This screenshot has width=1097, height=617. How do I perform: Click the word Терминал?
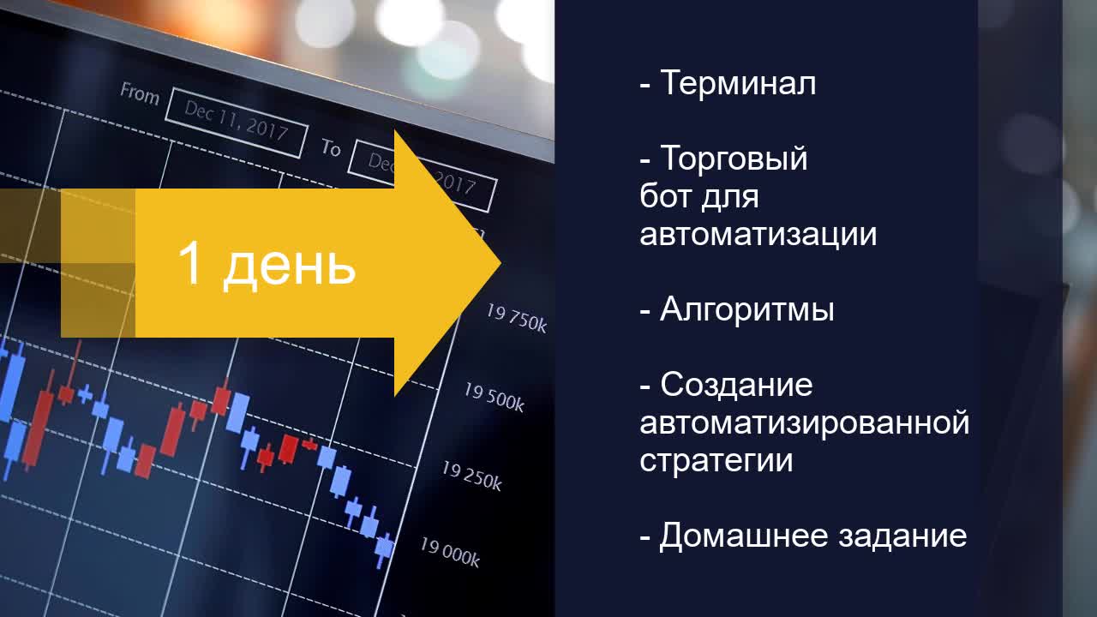click(738, 82)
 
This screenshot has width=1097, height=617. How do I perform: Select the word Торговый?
click(734, 159)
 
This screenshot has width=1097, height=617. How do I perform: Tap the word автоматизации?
click(758, 234)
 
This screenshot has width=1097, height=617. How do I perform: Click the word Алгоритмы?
click(746, 309)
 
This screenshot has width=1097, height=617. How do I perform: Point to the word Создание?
click(736, 385)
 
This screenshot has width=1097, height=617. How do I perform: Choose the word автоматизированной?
click(804, 423)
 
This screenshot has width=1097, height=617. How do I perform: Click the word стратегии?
click(716, 461)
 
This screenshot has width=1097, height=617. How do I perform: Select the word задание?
click(902, 536)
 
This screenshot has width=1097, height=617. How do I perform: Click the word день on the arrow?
click(289, 267)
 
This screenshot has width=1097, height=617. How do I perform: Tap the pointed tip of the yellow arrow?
click(501, 263)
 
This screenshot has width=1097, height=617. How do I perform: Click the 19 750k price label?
click(516, 318)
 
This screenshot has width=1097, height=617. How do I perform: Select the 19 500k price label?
click(495, 397)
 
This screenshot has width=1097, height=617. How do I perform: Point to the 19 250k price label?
click(472, 476)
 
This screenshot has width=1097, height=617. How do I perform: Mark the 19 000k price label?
click(450, 553)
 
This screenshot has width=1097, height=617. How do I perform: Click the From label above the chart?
click(140, 93)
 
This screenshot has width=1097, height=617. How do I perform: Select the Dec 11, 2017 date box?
click(237, 123)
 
